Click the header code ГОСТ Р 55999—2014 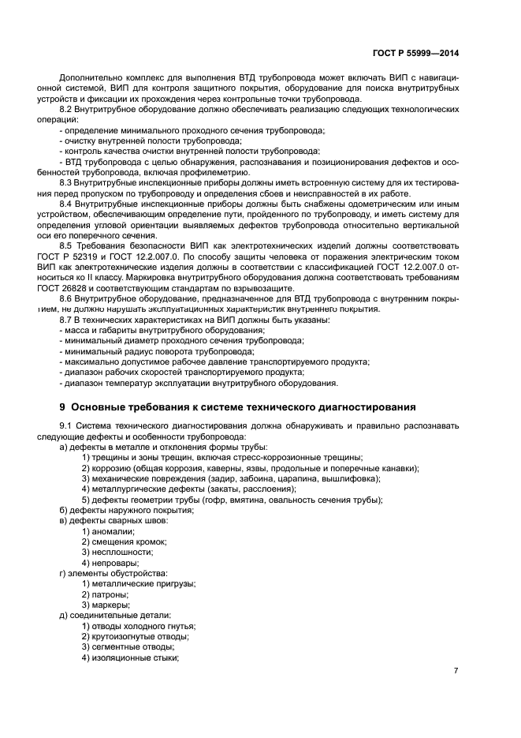415,53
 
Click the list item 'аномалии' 114,531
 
